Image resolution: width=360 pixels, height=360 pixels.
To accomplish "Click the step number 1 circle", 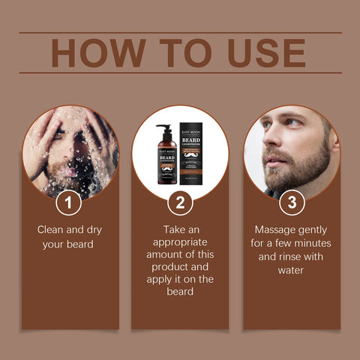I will pos(69,203).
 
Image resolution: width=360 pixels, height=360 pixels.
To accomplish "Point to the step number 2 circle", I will pos(179,203).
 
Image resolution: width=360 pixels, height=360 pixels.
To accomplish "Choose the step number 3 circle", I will pos(290,203).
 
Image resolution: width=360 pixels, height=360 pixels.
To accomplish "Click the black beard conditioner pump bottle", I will pos(166,157).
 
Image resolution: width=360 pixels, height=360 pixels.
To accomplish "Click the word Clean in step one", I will pos(52,230).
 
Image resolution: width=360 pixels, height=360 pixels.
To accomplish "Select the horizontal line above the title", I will pos(180,32).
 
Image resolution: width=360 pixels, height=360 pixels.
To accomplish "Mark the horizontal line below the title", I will pos(180,73).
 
